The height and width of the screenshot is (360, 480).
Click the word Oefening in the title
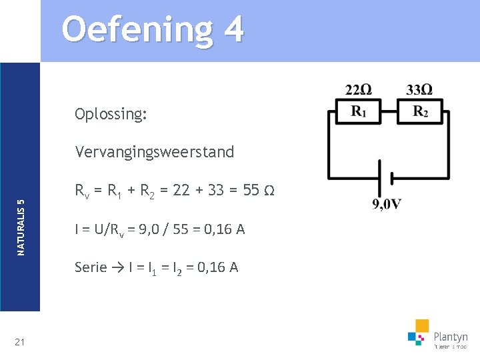pos(133,30)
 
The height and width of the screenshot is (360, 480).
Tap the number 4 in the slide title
pos(233,30)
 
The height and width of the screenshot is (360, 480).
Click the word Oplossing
pos(111,114)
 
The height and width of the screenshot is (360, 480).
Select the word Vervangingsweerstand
pos(155,152)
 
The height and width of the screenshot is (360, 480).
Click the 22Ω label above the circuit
pos(359,90)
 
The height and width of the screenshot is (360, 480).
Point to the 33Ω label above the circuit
pos(419,90)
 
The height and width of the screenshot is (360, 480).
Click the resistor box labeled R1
pos(359,111)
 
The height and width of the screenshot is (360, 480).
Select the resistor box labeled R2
pos(419,111)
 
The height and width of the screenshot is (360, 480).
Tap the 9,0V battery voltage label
pos(387,204)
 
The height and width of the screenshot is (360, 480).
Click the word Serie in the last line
pos(91,267)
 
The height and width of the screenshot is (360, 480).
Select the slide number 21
pos(19,342)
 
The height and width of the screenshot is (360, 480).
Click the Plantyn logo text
pos(451,337)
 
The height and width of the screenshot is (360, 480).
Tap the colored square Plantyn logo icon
pos(418,332)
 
